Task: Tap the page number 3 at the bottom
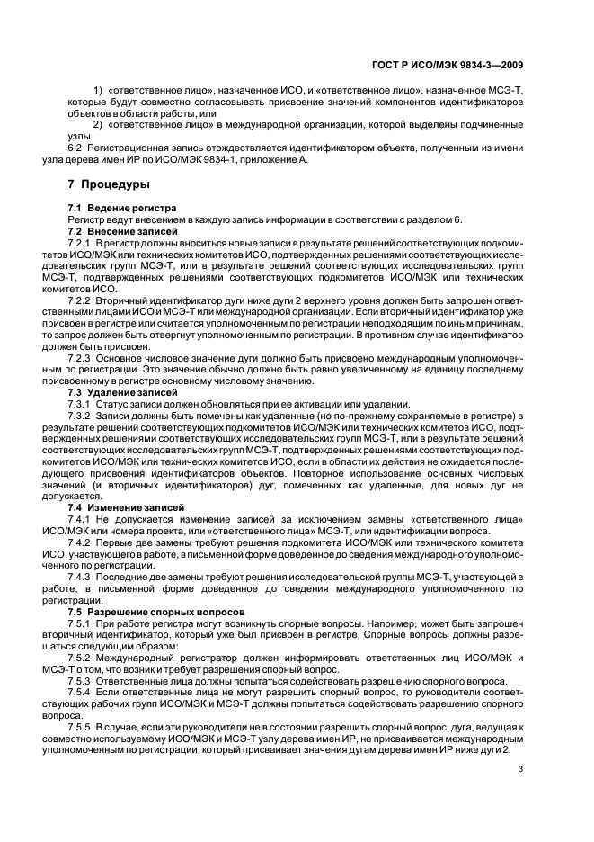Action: click(x=521, y=767)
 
